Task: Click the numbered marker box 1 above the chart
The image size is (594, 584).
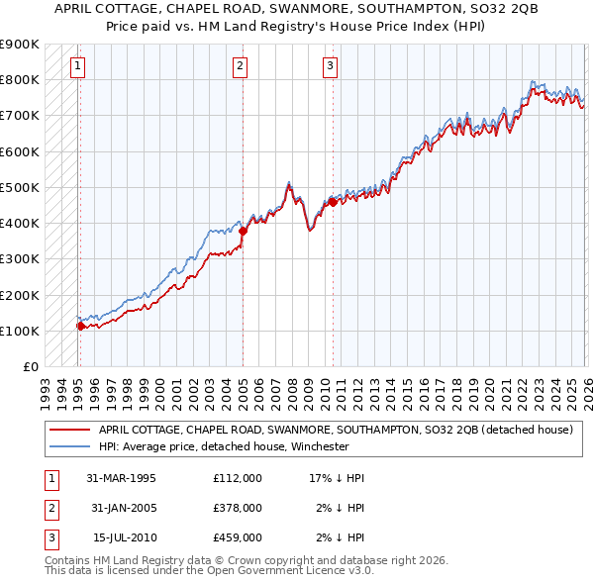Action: coord(78,66)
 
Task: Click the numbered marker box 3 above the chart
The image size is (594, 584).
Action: coord(330,66)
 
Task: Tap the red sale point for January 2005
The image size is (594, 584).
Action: coord(243,231)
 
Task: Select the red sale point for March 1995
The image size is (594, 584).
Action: coord(80,325)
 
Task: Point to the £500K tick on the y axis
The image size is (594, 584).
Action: coord(20,187)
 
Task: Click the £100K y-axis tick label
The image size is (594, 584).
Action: coord(20,331)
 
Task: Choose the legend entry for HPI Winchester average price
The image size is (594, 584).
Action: coord(223,446)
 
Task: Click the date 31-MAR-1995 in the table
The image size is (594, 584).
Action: coord(122,478)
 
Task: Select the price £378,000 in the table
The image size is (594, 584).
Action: coord(238,508)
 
